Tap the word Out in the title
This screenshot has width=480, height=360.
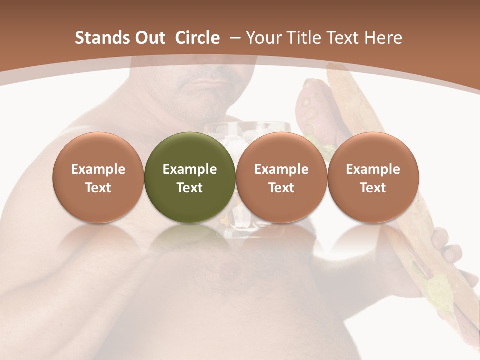[149, 38]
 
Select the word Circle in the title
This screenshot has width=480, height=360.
[197, 38]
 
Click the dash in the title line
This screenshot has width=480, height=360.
[236, 38]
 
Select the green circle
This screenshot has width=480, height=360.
[190, 178]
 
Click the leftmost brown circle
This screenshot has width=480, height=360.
[98, 178]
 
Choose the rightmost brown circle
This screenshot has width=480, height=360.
[373, 178]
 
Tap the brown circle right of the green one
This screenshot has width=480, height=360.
[281, 178]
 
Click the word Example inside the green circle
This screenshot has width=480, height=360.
[190, 169]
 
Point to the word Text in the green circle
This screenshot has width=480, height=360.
[190, 188]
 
